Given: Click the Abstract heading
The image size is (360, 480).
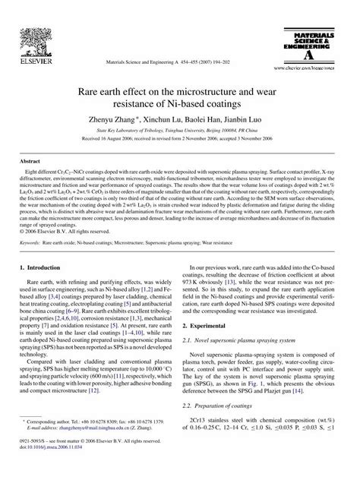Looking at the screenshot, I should click(x=30, y=161).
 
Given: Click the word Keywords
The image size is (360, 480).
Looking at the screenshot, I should click(x=31, y=242).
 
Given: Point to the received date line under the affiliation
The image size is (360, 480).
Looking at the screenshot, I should click(x=179, y=141).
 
